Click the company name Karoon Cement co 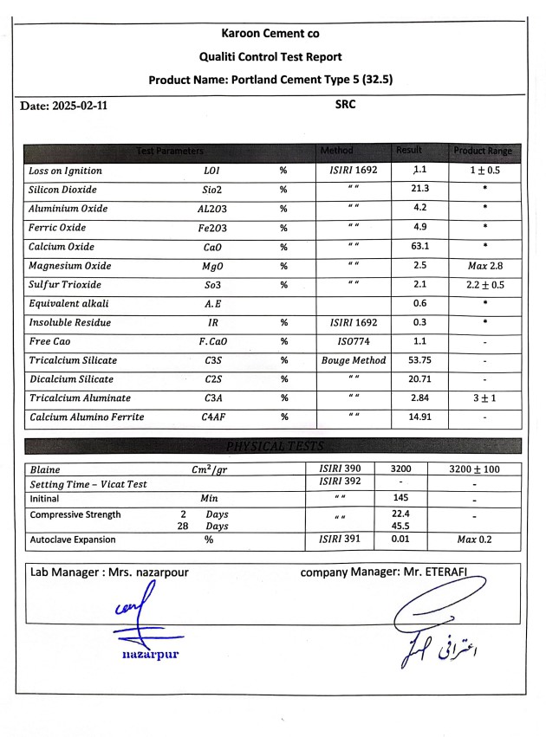coord(270,34)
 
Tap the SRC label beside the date coord(346,105)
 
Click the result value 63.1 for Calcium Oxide coord(420,247)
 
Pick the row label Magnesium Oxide coord(70,266)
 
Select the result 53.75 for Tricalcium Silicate coord(420,360)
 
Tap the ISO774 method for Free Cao coord(354,341)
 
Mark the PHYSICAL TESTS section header coord(273,447)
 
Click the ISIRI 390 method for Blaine coord(340,469)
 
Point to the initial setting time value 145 coord(400,499)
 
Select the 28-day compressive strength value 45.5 coord(400,525)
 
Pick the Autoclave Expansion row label coord(73,540)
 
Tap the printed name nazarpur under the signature coord(150,654)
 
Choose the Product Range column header coord(483,152)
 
